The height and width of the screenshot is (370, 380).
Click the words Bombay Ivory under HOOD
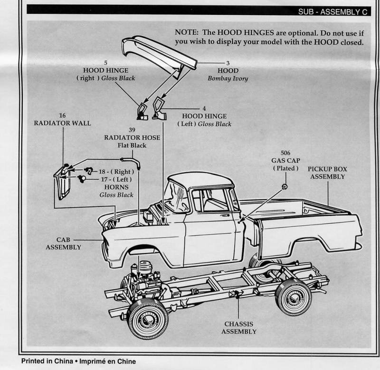coord(228,78)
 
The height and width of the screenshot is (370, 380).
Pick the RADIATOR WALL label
coord(62,123)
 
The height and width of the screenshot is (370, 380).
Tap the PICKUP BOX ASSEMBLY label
coord(327,173)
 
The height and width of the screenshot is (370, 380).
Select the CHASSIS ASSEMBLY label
coord(239,328)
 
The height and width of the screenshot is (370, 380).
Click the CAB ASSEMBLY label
coord(63,243)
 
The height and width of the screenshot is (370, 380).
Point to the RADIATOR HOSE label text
coord(132,138)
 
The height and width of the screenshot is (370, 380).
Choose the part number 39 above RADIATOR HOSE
coord(132,129)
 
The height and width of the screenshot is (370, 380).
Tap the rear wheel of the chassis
coord(294,297)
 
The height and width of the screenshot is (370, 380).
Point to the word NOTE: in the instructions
coord(188,33)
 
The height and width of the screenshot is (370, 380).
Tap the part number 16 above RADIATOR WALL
coord(62,115)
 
